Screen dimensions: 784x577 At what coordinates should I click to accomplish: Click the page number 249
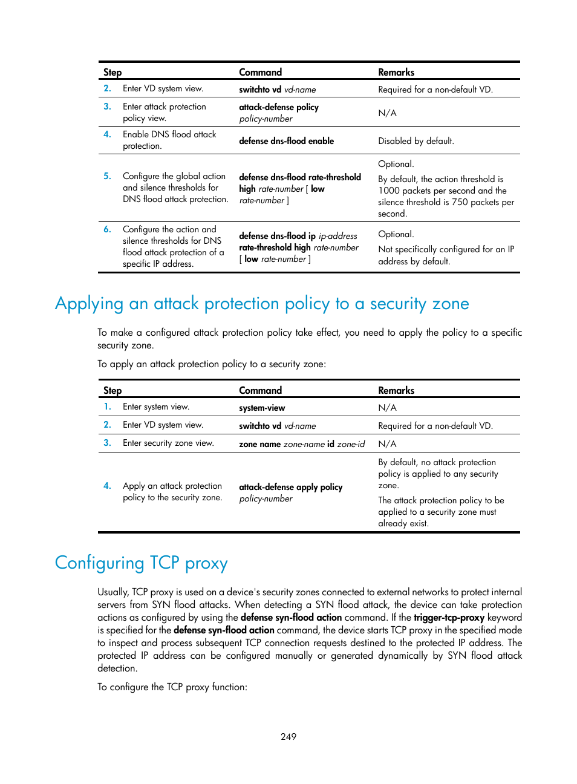(x=288, y=736)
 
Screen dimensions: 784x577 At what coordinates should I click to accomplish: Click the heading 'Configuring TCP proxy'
(x=141, y=563)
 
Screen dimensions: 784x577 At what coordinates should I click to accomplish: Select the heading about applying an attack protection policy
(x=261, y=304)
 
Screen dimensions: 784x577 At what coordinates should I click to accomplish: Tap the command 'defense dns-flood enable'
(x=286, y=141)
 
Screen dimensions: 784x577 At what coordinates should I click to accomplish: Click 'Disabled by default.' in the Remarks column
(x=416, y=141)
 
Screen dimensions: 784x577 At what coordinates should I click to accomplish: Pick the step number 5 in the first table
(x=107, y=176)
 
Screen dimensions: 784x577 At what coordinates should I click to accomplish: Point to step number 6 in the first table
(x=107, y=229)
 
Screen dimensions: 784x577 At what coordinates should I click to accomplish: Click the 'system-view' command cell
(x=262, y=408)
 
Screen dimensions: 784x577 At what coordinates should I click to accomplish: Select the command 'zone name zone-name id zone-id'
(x=302, y=444)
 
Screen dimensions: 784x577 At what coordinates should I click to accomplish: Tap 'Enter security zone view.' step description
(x=168, y=443)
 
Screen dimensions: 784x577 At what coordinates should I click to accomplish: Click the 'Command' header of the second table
(x=260, y=390)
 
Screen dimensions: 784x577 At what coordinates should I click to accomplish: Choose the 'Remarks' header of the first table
(x=396, y=72)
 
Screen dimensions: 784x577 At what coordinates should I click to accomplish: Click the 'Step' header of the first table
(x=112, y=72)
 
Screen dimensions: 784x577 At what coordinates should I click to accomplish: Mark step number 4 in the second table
(x=107, y=486)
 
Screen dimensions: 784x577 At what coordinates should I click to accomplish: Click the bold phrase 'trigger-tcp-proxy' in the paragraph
(x=449, y=618)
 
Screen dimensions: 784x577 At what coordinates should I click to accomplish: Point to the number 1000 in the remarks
(x=390, y=191)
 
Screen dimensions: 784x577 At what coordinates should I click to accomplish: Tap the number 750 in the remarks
(x=460, y=202)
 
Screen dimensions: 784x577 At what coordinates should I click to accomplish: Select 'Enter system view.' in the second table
(x=156, y=407)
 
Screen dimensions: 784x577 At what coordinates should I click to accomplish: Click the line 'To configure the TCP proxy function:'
(x=172, y=687)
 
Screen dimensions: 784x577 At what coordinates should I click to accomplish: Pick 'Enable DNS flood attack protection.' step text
(x=169, y=140)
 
